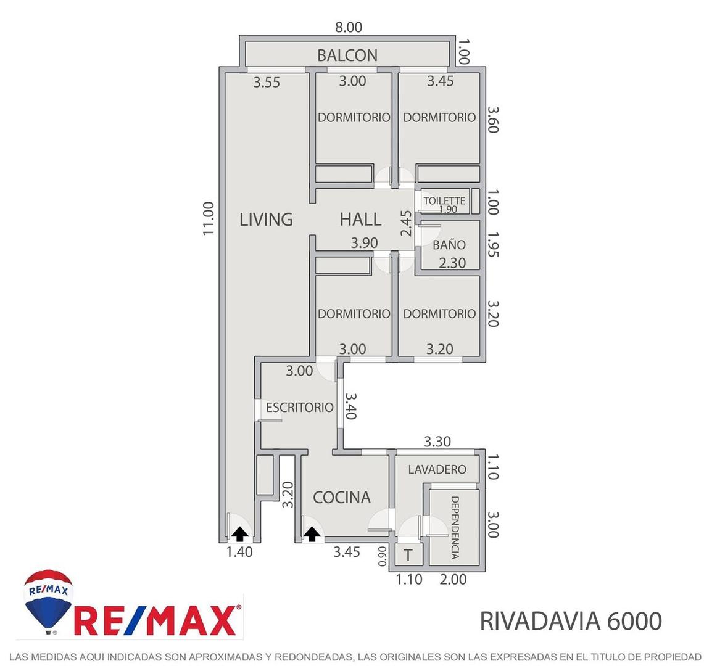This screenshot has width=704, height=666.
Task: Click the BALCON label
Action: (347, 55)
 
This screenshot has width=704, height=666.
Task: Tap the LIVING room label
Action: (266, 219)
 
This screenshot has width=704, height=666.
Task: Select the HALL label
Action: (360, 219)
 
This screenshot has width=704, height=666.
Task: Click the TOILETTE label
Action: (444, 200)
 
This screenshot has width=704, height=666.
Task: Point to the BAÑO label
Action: (449, 244)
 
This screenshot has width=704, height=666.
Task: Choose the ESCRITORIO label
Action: (299, 407)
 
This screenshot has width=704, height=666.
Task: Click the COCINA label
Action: (341, 497)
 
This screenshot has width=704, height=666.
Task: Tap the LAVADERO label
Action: (437, 469)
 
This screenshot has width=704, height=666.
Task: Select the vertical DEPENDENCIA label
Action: (455, 527)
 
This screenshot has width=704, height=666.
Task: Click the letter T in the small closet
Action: (408, 555)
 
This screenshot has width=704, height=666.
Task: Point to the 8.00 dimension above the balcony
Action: (349, 27)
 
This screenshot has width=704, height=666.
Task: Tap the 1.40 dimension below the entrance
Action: (239, 552)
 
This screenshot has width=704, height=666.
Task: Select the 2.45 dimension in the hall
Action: (405, 223)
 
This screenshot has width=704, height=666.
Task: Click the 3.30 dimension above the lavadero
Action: (437, 442)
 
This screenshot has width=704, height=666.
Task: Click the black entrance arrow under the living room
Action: (240, 533)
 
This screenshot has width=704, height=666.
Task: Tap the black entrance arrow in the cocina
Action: (312, 534)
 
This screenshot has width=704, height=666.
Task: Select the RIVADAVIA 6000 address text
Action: (571, 621)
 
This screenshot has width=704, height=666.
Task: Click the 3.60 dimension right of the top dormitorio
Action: (492, 120)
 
